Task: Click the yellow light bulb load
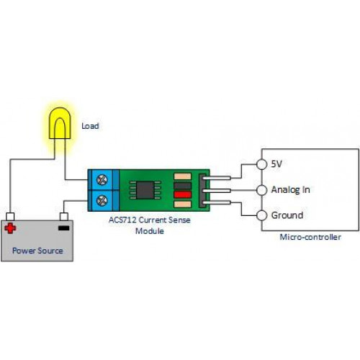click(x=60, y=123)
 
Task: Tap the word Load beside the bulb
click(x=90, y=126)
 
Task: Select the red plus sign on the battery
click(x=10, y=228)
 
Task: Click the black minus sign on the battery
click(x=64, y=228)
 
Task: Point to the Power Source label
click(x=37, y=251)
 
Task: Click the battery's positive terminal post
click(x=10, y=217)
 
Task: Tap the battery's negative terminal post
click(x=64, y=217)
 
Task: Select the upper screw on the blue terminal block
click(x=102, y=180)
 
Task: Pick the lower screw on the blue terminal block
click(x=102, y=201)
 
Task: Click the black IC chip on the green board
click(x=145, y=190)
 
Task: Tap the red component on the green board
click(x=183, y=194)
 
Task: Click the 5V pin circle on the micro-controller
click(x=261, y=164)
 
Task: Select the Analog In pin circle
click(x=261, y=190)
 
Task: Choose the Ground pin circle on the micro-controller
click(x=261, y=215)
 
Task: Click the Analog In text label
click(x=290, y=190)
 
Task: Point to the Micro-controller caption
click(x=310, y=237)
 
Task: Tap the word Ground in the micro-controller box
click(x=287, y=215)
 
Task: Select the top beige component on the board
click(x=183, y=176)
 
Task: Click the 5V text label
click(x=276, y=164)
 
